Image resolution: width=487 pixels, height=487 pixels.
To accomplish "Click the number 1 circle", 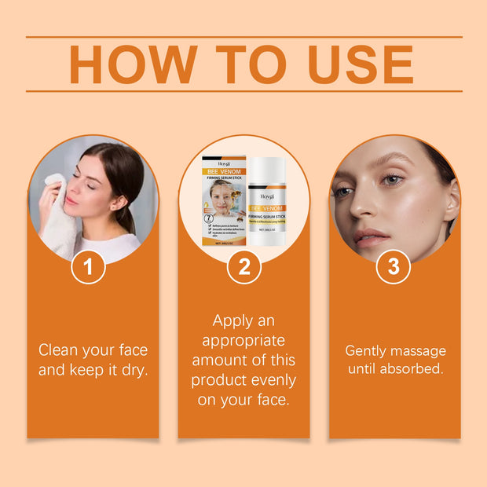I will tap(88, 268).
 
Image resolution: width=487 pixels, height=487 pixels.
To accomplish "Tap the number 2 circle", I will tap(244, 268).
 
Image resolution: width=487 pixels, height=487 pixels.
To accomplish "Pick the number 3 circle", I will tap(393, 268).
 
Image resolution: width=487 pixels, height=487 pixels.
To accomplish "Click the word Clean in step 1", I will tap(60, 350).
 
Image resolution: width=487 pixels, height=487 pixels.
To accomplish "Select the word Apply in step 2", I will tap(233, 321).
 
